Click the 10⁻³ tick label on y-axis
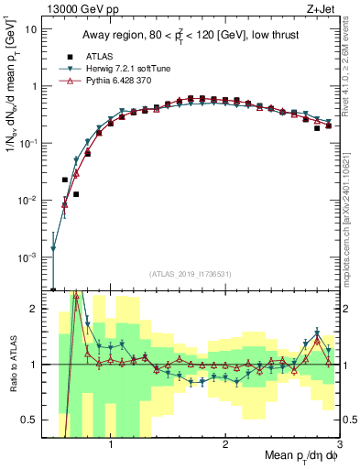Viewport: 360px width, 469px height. (29, 257)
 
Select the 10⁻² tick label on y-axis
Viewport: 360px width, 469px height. (29, 201)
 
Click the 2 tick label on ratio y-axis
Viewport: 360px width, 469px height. (37, 309)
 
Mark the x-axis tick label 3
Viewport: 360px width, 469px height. (338, 441)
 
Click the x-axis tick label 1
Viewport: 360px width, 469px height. (111, 441)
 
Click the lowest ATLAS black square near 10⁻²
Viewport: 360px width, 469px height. (76, 194)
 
